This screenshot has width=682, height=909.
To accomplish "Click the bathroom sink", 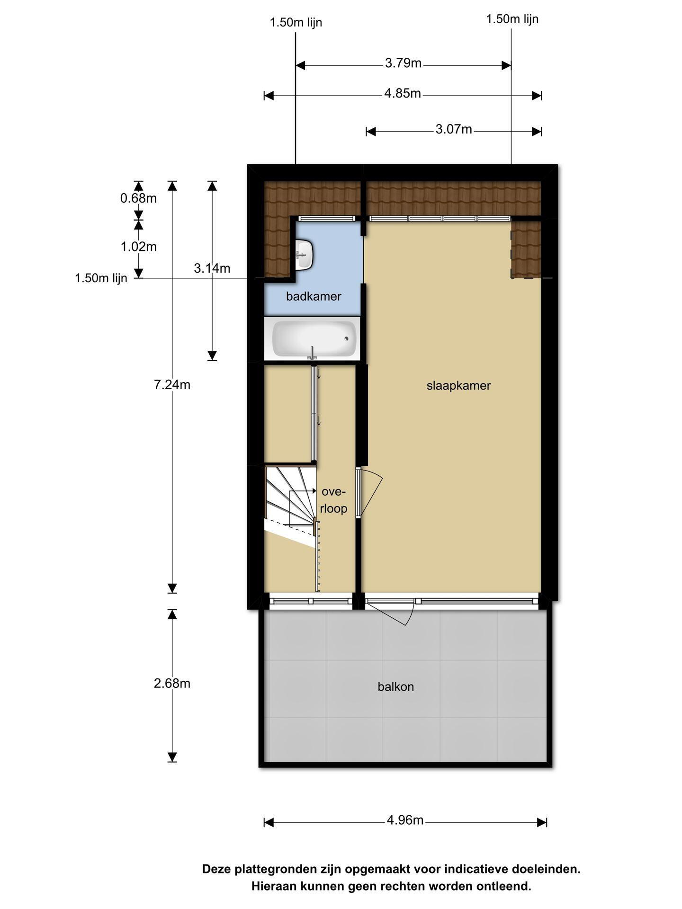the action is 303,254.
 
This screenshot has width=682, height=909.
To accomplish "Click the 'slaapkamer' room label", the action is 458,385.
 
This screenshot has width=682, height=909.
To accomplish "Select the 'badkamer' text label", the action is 314,296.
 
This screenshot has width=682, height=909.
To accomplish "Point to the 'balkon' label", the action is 395,686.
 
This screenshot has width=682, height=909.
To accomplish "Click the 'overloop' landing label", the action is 333,500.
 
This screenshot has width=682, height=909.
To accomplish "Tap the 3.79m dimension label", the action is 403,63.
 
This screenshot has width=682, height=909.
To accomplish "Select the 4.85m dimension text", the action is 403,93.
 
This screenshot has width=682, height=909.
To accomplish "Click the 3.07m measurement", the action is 454,129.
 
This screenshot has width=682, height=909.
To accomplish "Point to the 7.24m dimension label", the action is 172,385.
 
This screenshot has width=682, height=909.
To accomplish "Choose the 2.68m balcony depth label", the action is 172,683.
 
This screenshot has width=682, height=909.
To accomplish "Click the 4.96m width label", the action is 405,820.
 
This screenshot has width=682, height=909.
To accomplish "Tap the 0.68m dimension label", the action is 138,198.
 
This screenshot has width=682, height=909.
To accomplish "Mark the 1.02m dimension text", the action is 138,247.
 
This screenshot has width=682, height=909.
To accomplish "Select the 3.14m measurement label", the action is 212,268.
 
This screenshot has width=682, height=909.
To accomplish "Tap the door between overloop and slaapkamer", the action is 359,492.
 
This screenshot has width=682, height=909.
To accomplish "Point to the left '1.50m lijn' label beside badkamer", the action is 101,278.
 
